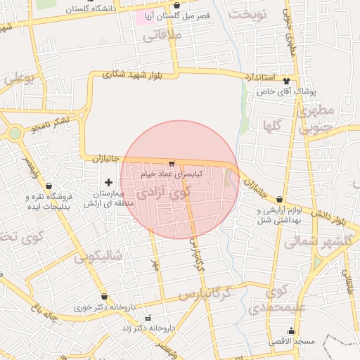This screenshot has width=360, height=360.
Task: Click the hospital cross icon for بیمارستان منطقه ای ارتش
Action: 108,182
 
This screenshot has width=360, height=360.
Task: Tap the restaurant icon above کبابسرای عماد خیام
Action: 172,164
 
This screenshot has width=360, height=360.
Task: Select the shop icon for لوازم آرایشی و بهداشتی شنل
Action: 280,200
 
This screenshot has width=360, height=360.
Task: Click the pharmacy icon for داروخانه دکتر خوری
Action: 105,297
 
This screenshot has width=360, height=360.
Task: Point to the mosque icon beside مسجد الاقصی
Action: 291,331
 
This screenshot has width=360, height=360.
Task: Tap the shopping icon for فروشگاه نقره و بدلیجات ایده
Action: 49,186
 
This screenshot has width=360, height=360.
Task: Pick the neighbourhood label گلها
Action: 271,126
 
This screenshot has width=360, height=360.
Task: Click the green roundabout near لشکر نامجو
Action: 15,133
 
